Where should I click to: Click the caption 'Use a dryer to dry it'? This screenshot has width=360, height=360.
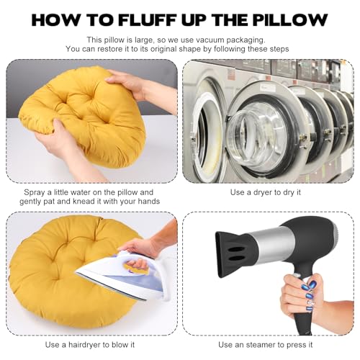click(x=266, y=192)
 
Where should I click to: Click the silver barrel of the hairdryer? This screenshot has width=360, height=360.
click(x=269, y=247)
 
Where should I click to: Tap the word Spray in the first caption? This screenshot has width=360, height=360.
click(x=35, y=192)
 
